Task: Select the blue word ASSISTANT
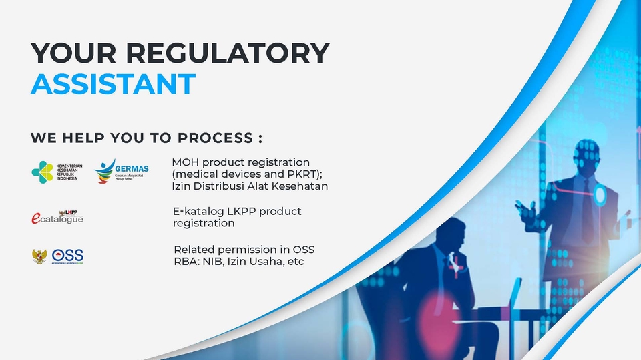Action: point(113,84)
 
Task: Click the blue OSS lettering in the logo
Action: point(68,256)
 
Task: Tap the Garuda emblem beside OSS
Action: point(39,256)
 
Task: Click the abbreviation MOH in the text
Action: point(187,162)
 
